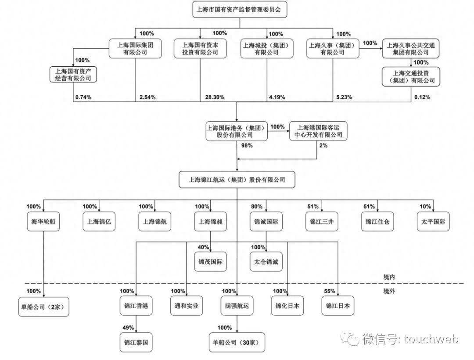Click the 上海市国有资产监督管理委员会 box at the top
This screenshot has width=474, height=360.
(240, 10)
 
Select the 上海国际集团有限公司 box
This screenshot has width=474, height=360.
(135, 48)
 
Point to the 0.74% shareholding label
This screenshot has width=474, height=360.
(83, 97)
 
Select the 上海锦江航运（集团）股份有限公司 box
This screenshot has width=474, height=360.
(237, 180)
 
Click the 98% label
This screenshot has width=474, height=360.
(246, 146)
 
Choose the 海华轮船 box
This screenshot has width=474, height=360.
(43, 222)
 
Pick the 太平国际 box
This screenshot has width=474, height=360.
(433, 222)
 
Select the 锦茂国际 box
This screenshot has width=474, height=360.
(210, 262)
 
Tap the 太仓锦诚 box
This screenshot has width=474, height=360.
(266, 262)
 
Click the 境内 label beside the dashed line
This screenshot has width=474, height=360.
(389, 277)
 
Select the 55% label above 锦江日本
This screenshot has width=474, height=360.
(330, 291)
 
